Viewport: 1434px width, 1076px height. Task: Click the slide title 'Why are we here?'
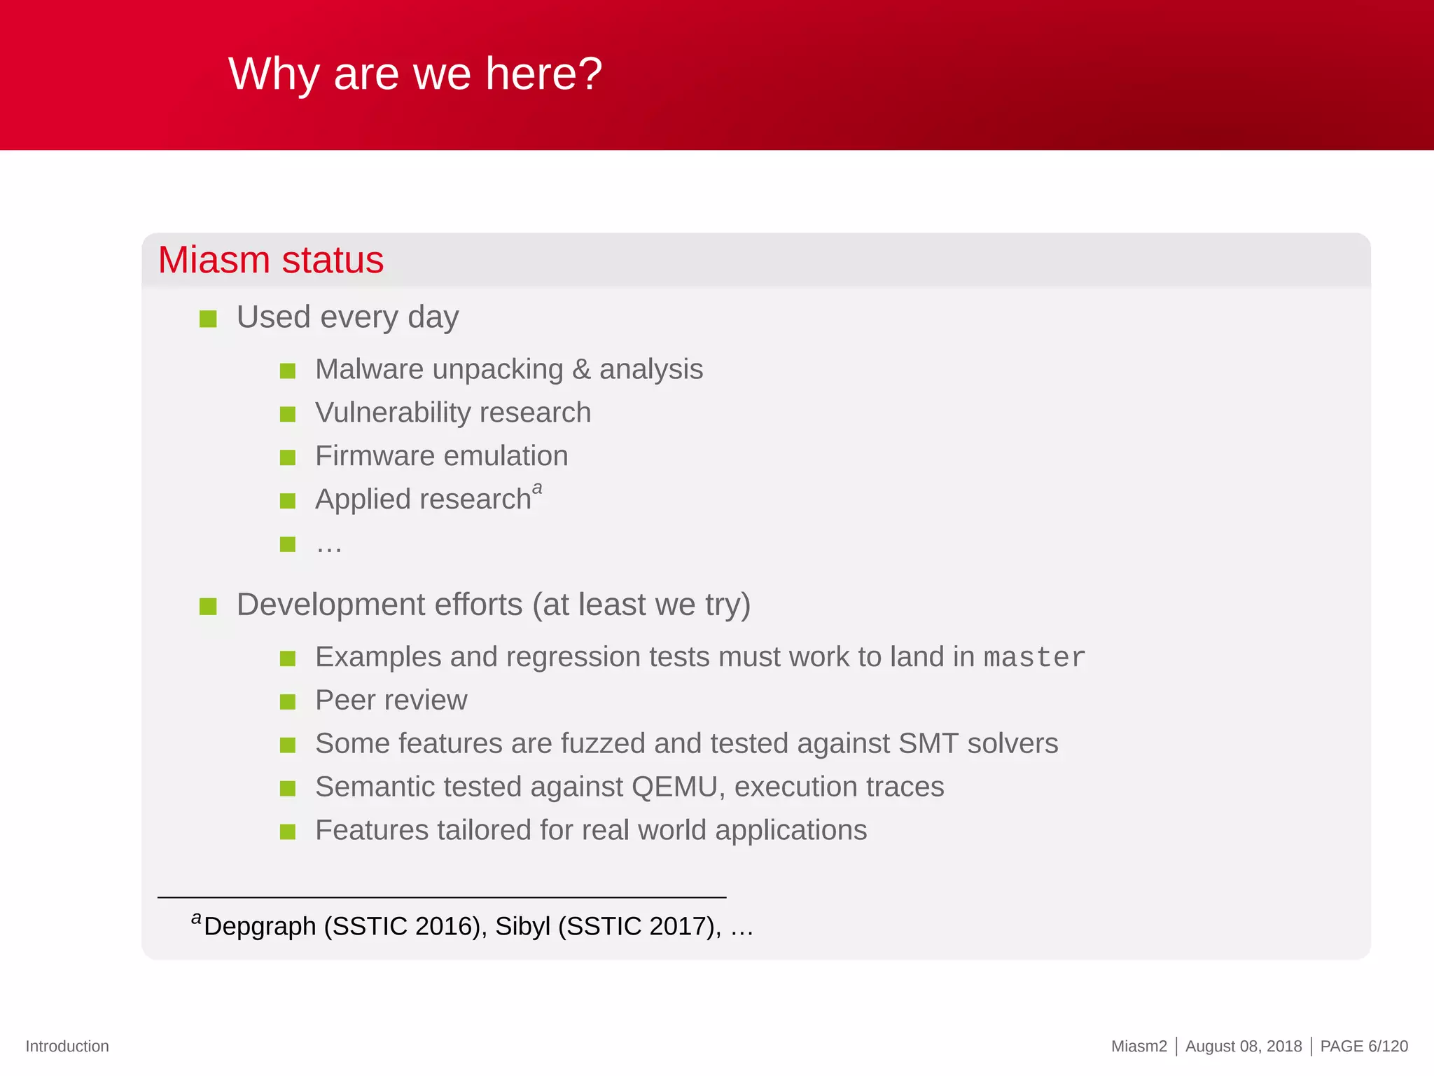pyautogui.click(x=415, y=74)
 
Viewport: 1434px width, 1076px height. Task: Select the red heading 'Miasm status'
pyautogui.click(x=270, y=260)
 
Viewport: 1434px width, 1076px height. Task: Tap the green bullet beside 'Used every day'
pyautogui.click(x=208, y=319)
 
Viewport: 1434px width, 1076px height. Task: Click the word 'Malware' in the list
pyautogui.click(x=368, y=369)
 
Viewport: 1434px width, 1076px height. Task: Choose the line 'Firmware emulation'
pyautogui.click(x=441, y=456)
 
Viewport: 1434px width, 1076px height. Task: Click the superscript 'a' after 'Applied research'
pyautogui.click(x=537, y=488)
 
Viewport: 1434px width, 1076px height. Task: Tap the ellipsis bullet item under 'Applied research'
pyautogui.click(x=328, y=545)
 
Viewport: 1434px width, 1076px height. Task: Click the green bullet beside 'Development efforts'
pyautogui.click(x=208, y=606)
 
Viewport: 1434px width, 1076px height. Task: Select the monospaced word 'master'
pyautogui.click(x=1033, y=657)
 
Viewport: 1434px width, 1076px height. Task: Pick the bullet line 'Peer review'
pyautogui.click(x=391, y=701)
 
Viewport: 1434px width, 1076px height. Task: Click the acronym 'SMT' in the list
pyautogui.click(x=928, y=743)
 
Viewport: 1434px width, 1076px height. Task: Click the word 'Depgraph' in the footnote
pyautogui.click(x=260, y=926)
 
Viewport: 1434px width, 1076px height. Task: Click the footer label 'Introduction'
pyautogui.click(x=67, y=1046)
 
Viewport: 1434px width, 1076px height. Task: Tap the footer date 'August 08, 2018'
pyautogui.click(x=1243, y=1046)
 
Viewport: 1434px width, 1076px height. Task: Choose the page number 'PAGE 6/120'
pyautogui.click(x=1363, y=1046)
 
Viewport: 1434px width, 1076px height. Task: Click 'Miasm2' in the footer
pyautogui.click(x=1139, y=1046)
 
